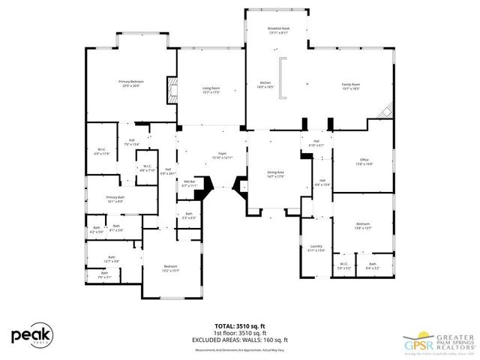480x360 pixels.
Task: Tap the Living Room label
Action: pyautogui.click(x=210, y=90)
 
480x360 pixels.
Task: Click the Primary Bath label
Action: pyautogui.click(x=115, y=199)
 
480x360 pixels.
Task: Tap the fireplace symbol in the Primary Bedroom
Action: pyautogui.click(x=172, y=93)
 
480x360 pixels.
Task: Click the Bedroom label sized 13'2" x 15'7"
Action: pyautogui.click(x=170, y=268)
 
